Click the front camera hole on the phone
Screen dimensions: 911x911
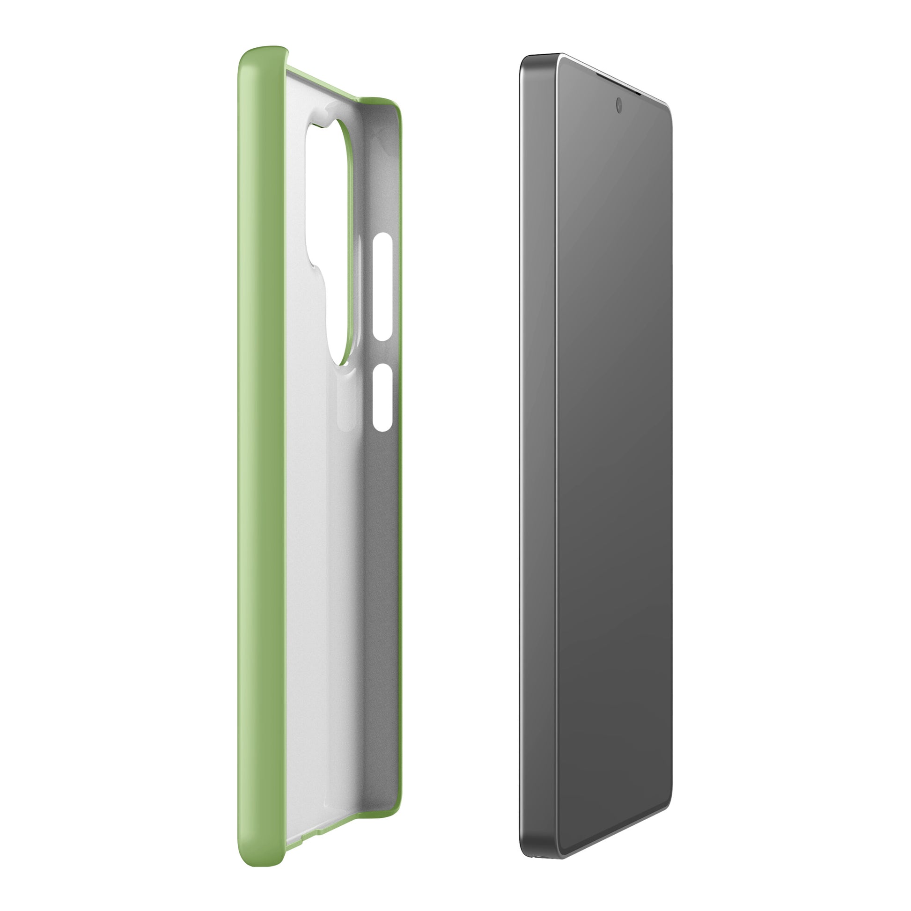[619, 105]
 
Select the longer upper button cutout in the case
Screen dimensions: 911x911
[383, 286]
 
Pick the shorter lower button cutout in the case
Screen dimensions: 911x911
[382, 397]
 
